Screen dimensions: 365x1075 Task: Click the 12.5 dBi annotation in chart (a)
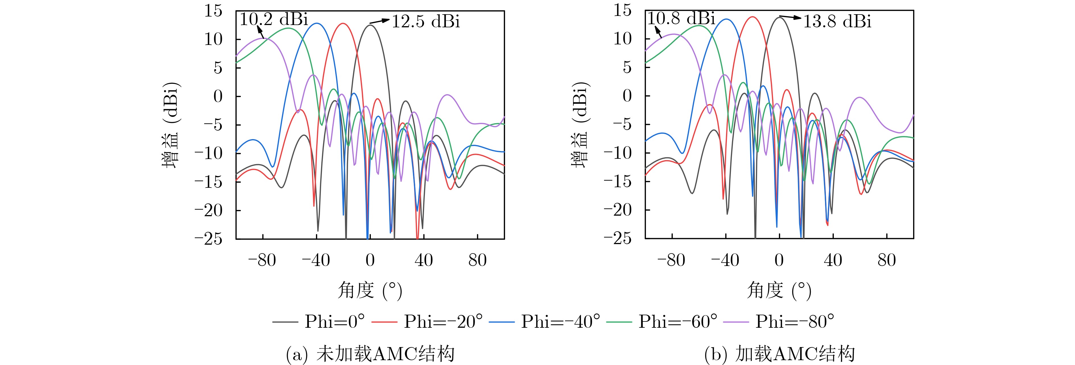click(x=426, y=21)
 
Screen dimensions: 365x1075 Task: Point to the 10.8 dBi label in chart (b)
click(x=681, y=18)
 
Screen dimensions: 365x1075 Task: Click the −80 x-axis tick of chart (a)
click(x=262, y=261)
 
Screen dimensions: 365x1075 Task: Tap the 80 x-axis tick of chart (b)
click(x=887, y=260)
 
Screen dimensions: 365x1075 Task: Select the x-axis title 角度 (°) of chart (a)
click(x=370, y=290)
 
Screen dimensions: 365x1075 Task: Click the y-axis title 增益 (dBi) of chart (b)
click(x=581, y=124)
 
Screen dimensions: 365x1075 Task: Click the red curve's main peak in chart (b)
click(x=753, y=17)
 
